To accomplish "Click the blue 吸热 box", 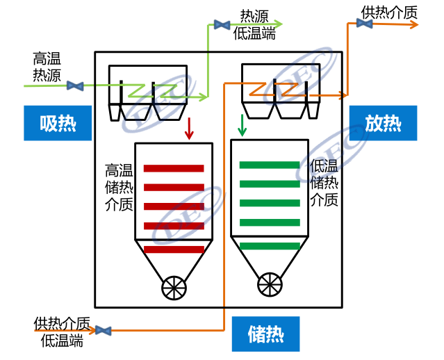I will (x=58, y=123).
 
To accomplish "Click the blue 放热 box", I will (x=383, y=123).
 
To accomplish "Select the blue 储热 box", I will (x=265, y=334).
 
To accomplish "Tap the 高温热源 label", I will (x=47, y=67).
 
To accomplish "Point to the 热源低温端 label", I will (x=254, y=24).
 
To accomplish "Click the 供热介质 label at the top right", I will (x=390, y=12).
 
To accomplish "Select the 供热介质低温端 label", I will (x=62, y=332).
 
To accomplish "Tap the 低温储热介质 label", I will (x=324, y=183).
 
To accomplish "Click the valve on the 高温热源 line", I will (x=75, y=86).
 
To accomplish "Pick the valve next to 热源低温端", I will (x=222, y=25).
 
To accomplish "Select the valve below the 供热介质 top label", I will (x=364, y=24).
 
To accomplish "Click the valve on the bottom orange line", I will (x=104, y=331).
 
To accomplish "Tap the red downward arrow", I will (x=188, y=128).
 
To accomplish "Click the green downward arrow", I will (x=242, y=125).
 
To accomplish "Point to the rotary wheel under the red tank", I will (x=174, y=287).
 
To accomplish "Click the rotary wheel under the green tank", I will (x=270, y=284).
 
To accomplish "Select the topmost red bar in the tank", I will (x=174, y=168).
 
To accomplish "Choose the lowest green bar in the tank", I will (x=270, y=245).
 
